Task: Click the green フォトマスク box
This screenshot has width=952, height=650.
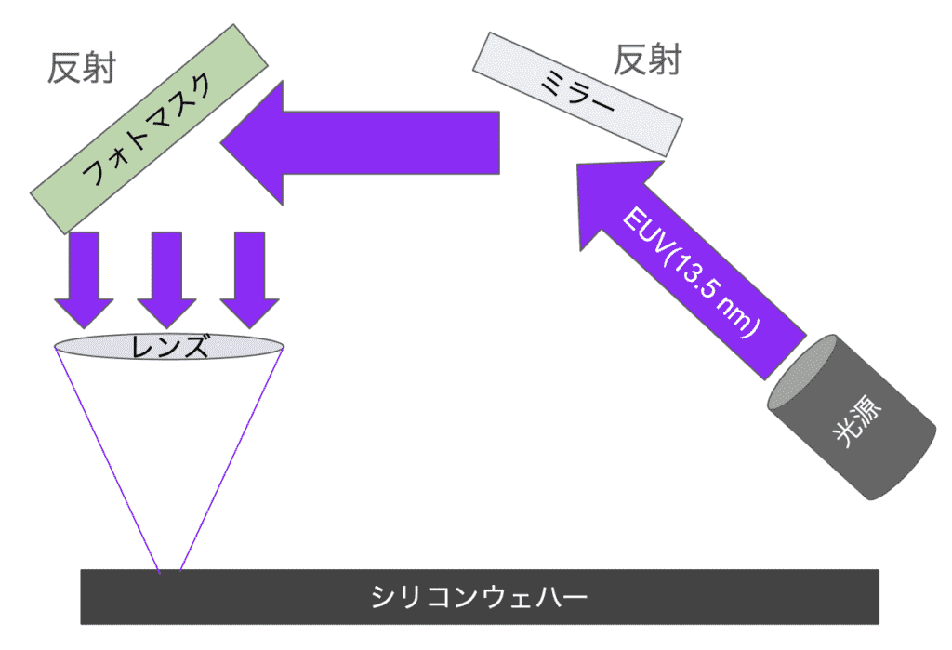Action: (150, 129)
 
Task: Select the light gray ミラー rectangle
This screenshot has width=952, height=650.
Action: (577, 93)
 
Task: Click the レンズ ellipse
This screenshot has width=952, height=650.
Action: (169, 347)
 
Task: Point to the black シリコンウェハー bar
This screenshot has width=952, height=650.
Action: (480, 596)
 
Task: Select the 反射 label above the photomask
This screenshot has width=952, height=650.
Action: (81, 67)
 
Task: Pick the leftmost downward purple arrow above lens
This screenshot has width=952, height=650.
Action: (84, 279)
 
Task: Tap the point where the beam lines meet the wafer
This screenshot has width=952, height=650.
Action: (169, 569)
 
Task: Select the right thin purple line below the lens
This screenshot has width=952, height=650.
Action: (231, 460)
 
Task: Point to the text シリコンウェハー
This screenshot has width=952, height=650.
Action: (480, 596)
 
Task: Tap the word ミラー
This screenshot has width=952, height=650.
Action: (577, 93)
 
